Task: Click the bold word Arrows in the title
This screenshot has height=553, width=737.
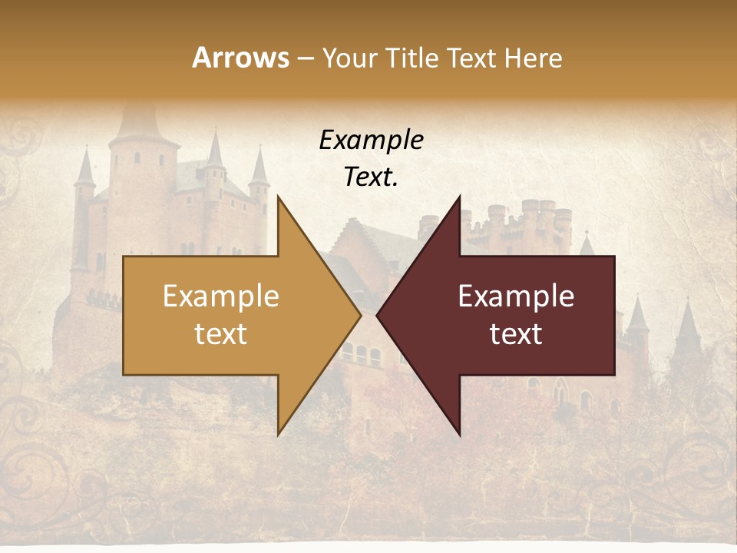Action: pyautogui.click(x=241, y=58)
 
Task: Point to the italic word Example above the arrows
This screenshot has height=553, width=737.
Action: pyautogui.click(x=371, y=141)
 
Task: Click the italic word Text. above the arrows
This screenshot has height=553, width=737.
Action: pyautogui.click(x=371, y=177)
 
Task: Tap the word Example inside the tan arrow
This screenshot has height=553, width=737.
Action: pyautogui.click(x=221, y=296)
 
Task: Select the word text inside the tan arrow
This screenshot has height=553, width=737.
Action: pyautogui.click(x=221, y=334)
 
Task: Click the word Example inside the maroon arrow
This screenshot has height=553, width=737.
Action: pyautogui.click(x=516, y=296)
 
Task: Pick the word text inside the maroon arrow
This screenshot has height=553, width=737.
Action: pyautogui.click(x=516, y=334)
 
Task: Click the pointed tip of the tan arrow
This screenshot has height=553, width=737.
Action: pyautogui.click(x=360, y=315)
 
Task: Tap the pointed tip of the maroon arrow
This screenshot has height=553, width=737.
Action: pyautogui.click(x=377, y=315)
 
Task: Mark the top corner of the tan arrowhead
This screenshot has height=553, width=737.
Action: pyautogui.click(x=279, y=197)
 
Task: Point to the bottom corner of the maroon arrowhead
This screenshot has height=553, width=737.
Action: pyautogui.click(x=459, y=434)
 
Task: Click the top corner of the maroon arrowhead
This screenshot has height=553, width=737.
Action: pyautogui.click(x=459, y=197)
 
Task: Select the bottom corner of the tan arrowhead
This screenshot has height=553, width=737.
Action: pyautogui.click(x=279, y=434)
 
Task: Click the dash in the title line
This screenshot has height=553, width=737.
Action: pyautogui.click(x=305, y=59)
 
